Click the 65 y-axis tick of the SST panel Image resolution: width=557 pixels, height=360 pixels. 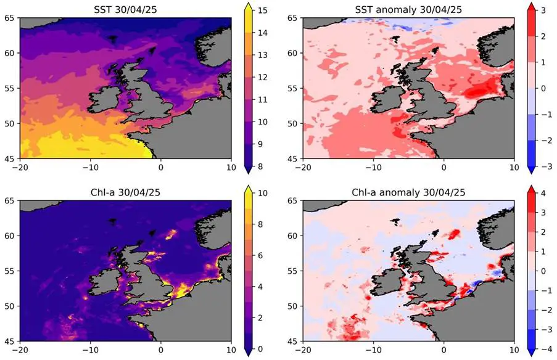coord(10,18)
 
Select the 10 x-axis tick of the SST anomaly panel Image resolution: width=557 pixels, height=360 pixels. coord(514,167)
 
